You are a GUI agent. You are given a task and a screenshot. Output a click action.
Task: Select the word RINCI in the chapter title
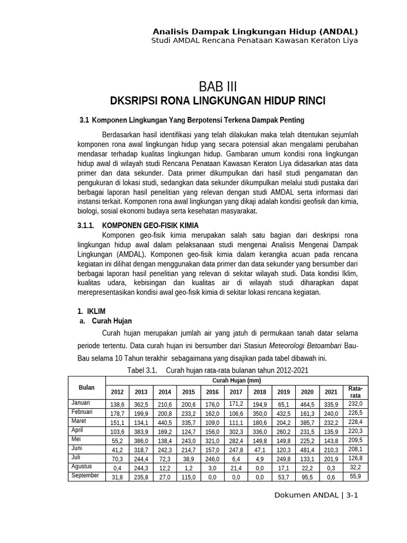(x=309, y=101)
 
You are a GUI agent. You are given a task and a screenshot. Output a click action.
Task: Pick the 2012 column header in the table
(x=117, y=392)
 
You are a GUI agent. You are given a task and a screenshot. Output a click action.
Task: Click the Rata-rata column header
(x=356, y=392)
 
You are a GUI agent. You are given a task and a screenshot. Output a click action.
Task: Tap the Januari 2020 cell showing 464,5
(x=307, y=405)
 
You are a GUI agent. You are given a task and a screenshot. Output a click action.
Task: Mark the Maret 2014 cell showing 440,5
(x=164, y=423)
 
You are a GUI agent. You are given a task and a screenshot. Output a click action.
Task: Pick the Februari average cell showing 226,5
(x=356, y=414)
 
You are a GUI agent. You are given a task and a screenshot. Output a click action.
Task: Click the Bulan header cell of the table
(x=87, y=388)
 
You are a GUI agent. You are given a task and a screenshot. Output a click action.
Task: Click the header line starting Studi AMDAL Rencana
(x=254, y=40)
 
